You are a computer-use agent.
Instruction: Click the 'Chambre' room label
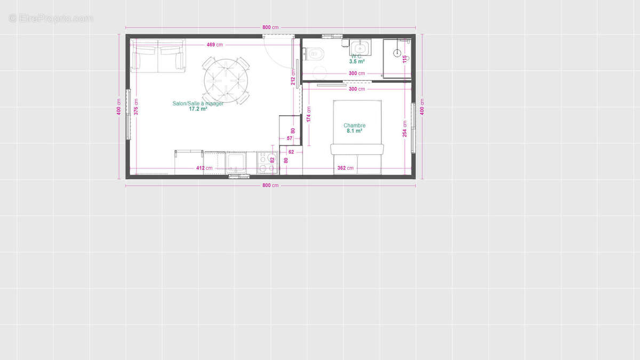pyautogui.click(x=354, y=125)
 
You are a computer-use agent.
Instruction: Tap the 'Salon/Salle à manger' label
pyautogui.click(x=198, y=103)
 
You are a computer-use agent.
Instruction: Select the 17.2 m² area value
pyautogui.click(x=198, y=109)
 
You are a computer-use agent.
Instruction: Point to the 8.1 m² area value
pyautogui.click(x=354, y=131)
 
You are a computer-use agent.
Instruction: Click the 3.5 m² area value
pyautogui.click(x=357, y=62)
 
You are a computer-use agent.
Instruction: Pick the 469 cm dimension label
pyautogui.click(x=215, y=45)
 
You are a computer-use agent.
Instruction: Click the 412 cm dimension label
pyautogui.click(x=204, y=168)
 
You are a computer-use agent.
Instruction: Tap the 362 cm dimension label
pyautogui.click(x=345, y=168)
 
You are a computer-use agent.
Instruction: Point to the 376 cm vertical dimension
pyautogui.click(x=136, y=107)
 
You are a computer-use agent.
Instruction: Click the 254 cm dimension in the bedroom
pyautogui.click(x=405, y=129)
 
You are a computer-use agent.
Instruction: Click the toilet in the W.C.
pyautogui.click(x=315, y=53)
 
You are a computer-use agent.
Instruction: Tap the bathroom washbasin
pyautogui.click(x=357, y=46)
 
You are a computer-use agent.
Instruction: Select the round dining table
pyautogui.click(x=226, y=81)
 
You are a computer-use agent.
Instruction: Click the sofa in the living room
pyautogui.click(x=158, y=57)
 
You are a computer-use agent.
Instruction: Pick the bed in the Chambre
pyautogui.click(x=357, y=136)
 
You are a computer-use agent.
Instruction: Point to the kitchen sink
pyautogui.click(x=235, y=162)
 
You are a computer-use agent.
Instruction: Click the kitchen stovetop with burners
pyautogui.click(x=267, y=163)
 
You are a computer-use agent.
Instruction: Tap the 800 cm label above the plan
pyautogui.click(x=270, y=27)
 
